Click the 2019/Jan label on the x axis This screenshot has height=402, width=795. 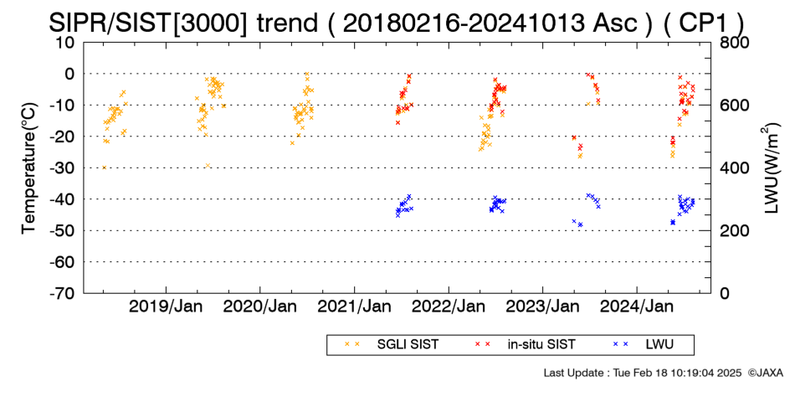click(166, 307)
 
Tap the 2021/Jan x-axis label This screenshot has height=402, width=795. click(354, 307)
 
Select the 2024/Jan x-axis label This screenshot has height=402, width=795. click(637, 307)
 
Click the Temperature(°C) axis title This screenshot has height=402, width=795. click(29, 168)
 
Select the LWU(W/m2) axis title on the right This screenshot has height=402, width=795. click(769, 168)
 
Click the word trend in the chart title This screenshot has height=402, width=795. click(286, 23)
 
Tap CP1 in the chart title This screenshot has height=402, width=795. click(705, 23)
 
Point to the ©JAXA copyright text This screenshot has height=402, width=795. click(765, 373)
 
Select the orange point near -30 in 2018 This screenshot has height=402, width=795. click(105, 167)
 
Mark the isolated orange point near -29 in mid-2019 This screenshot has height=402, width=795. click(208, 166)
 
